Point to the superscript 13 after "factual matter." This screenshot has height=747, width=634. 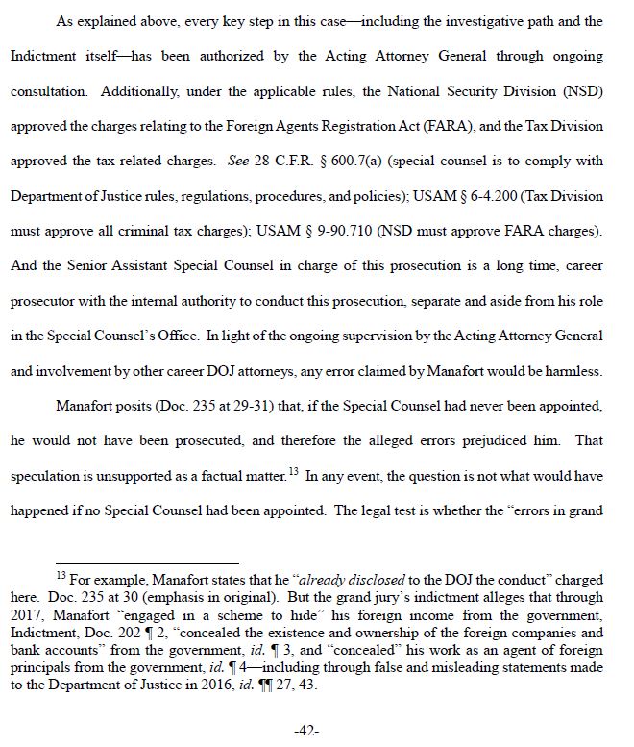click(x=293, y=470)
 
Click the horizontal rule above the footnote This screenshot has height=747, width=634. click(x=147, y=564)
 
